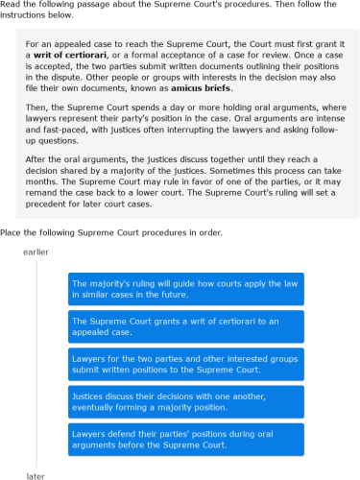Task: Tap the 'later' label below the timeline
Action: point(36,476)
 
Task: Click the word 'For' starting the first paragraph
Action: point(34,45)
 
